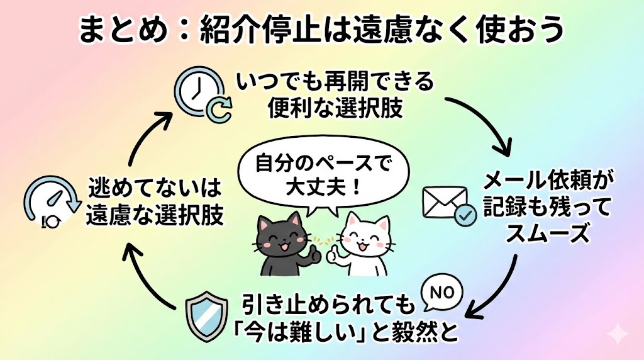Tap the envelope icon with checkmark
(x=448, y=206)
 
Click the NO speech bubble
(x=440, y=291)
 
